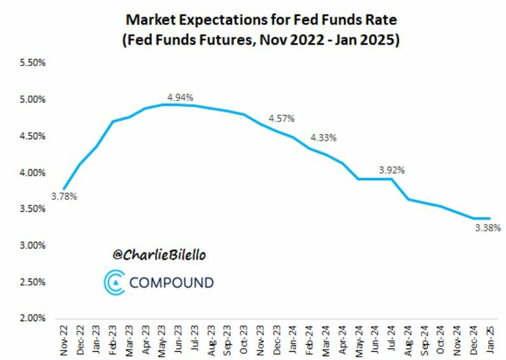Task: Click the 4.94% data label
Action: point(180,97)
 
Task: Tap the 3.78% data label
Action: point(64,197)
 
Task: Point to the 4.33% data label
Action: point(324,137)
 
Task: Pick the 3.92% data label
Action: point(392,170)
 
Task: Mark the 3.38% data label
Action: point(488,227)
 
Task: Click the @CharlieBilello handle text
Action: point(160,255)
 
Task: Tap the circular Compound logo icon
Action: point(115,282)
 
